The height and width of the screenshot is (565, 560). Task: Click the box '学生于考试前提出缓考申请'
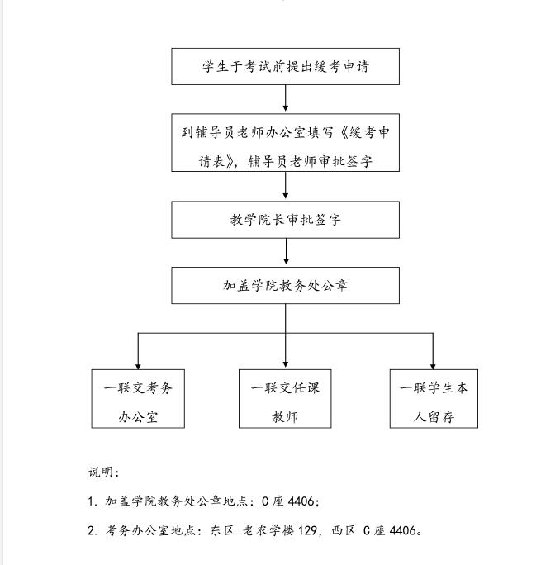coord(285,66)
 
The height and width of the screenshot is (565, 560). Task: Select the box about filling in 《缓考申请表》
coord(285,143)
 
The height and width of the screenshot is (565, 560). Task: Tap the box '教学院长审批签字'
coord(285,220)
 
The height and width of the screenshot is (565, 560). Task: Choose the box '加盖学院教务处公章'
coord(285,285)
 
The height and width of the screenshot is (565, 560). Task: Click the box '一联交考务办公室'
coord(138,398)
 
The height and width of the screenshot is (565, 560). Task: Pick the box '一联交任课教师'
coord(285,398)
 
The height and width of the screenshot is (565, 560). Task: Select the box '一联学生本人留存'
coord(434,398)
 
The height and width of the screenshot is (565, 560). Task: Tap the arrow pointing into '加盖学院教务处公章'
coord(285,253)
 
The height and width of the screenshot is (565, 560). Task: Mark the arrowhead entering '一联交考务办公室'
coord(138,363)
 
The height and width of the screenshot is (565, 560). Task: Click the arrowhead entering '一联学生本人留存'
coord(434,363)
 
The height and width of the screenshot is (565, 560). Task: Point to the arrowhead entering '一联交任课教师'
coord(285,363)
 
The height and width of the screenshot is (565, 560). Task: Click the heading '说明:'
coord(104,472)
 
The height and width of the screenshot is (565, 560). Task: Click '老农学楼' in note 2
coord(268,530)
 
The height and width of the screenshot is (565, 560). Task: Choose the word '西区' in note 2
coord(344,530)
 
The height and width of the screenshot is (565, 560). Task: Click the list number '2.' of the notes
coord(93,530)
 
